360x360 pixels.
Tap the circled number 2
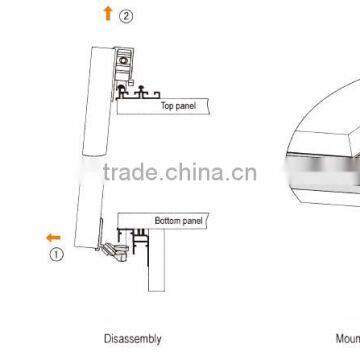[125, 16]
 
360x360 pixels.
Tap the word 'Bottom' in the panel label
[167, 220]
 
